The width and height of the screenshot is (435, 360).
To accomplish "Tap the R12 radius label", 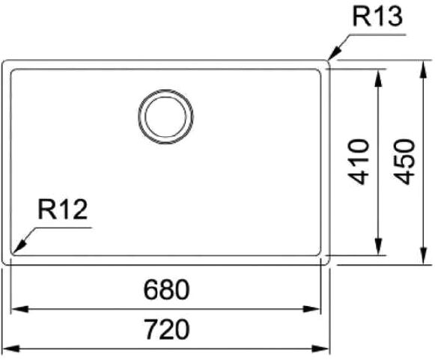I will pyautogui.click(x=63, y=210).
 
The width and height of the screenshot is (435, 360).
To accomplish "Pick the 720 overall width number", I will pyautogui.click(x=165, y=330).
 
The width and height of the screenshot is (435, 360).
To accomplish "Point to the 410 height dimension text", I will pyautogui.click(x=360, y=161).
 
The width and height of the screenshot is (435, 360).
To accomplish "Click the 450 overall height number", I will pyautogui.click(x=404, y=161).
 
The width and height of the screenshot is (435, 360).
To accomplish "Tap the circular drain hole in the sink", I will pyautogui.click(x=165, y=116).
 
